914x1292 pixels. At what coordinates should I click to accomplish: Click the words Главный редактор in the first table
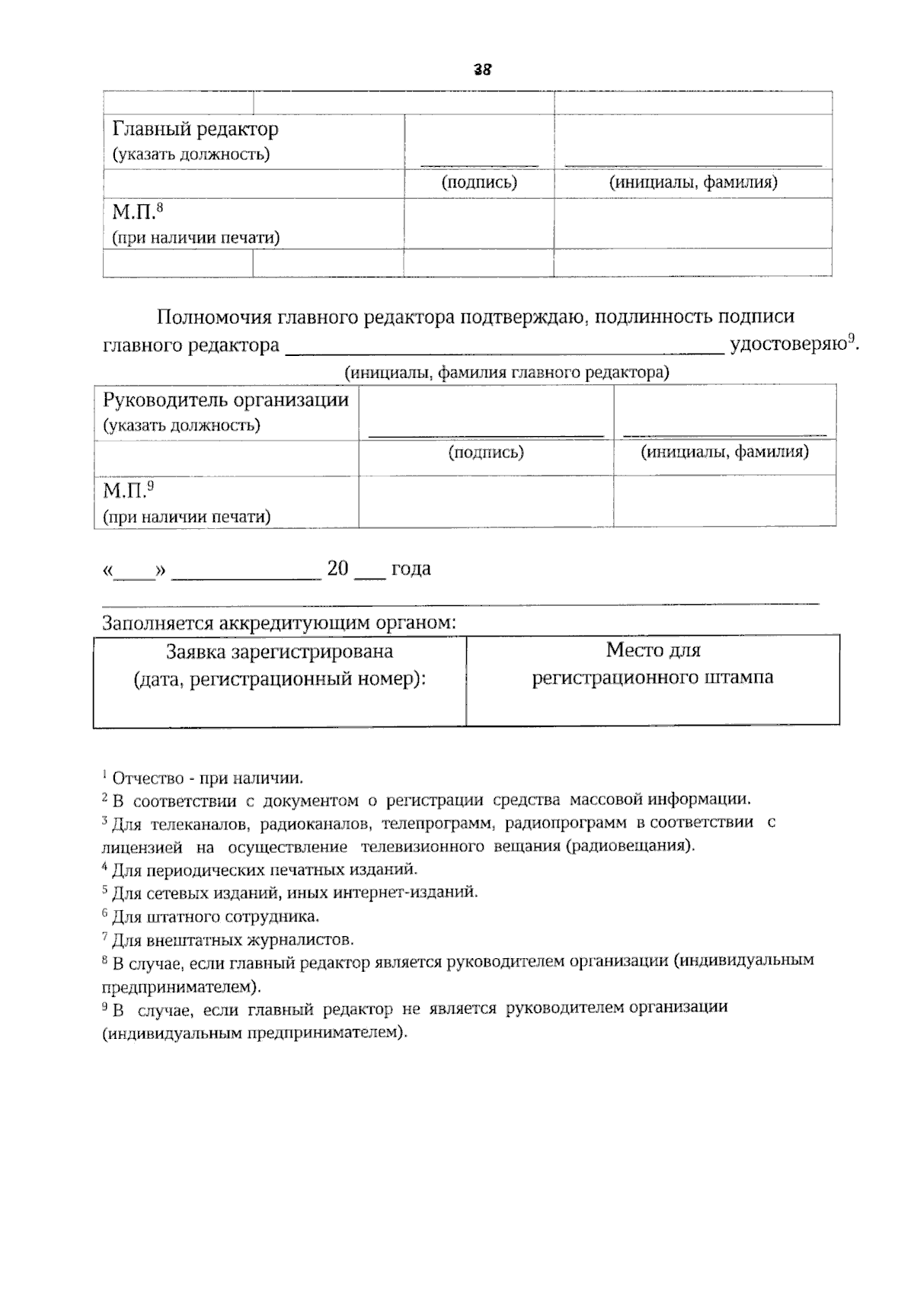click(196, 129)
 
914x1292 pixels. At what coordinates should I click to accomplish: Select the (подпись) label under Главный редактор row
click(479, 183)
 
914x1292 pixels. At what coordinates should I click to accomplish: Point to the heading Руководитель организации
click(225, 400)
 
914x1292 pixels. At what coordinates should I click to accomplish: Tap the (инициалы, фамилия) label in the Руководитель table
click(724, 452)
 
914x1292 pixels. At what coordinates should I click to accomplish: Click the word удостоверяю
click(788, 345)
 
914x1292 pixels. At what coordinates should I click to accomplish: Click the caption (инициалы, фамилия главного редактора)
click(507, 373)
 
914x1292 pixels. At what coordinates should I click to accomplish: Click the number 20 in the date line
click(337, 569)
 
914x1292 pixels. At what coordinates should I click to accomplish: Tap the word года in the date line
click(411, 569)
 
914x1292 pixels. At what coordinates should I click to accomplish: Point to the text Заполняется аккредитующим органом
click(279, 623)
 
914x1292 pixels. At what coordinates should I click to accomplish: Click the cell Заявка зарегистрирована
click(280, 665)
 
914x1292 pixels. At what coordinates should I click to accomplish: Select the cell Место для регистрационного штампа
click(653, 663)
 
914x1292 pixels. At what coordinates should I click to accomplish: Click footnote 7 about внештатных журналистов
click(228, 939)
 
